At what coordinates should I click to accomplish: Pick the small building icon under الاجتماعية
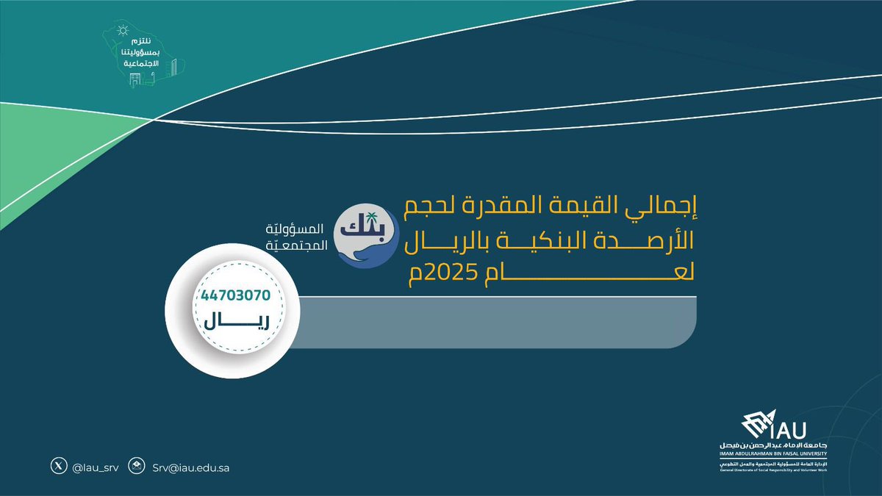click(x=135, y=77)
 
